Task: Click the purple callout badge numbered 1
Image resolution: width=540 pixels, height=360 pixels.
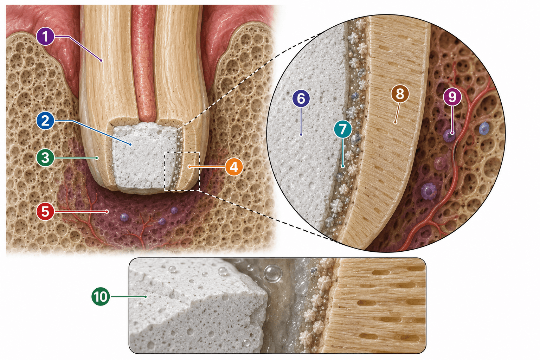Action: (x=45, y=37)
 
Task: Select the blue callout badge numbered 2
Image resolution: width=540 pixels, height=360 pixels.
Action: (x=45, y=121)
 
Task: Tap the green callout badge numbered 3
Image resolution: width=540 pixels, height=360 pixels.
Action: (x=45, y=158)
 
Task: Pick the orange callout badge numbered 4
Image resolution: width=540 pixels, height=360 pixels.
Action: (x=233, y=167)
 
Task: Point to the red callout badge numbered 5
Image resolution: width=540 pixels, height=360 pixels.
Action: (x=45, y=212)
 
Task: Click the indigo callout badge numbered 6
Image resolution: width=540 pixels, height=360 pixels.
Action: (x=301, y=98)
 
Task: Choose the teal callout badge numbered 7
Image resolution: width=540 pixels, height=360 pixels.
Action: (x=343, y=129)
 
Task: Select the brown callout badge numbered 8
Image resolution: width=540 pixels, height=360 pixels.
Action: (x=400, y=94)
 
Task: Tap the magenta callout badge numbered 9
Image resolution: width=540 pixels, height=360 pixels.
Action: (x=452, y=97)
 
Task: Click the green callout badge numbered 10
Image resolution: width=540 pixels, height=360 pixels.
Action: (x=101, y=297)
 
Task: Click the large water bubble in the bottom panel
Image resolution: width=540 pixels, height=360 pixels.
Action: (x=273, y=274)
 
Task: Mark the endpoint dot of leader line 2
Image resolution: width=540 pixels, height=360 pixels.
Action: (x=130, y=144)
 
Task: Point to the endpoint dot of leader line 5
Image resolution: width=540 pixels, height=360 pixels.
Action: (x=107, y=212)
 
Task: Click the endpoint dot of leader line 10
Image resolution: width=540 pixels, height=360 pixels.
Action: (x=146, y=297)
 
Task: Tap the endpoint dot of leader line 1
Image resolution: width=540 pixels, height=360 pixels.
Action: (x=102, y=60)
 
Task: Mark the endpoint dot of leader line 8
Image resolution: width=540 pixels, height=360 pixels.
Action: (x=395, y=123)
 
